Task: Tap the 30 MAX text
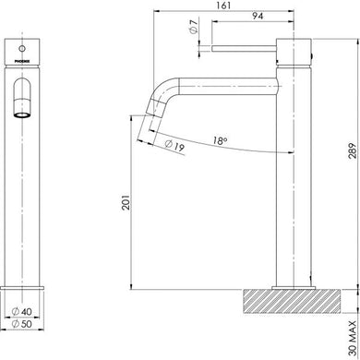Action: pos(349,325)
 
